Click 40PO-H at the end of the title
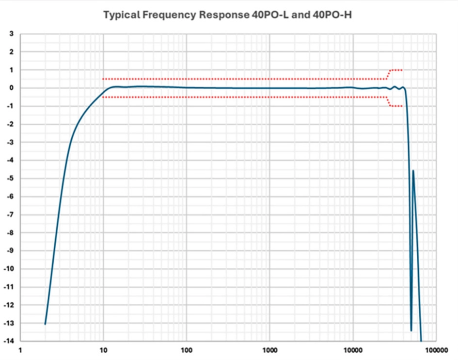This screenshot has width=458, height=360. (332, 15)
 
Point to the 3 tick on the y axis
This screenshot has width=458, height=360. (12, 33)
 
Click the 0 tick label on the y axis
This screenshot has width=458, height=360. (12, 88)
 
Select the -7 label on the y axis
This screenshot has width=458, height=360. (10, 214)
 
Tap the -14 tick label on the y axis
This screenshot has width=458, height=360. (8, 341)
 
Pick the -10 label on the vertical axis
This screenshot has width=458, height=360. (8, 269)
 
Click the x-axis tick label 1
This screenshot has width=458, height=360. (20, 350)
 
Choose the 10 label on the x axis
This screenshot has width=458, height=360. (103, 350)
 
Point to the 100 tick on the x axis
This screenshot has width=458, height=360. (187, 350)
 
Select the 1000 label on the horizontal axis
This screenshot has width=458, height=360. (269, 350)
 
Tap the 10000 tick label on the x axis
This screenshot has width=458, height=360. (353, 350)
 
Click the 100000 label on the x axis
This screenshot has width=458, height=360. (437, 350)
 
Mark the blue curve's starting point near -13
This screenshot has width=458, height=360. (45, 324)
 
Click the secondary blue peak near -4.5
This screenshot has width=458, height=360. (413, 170)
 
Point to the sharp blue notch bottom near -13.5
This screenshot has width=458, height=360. (411, 330)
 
